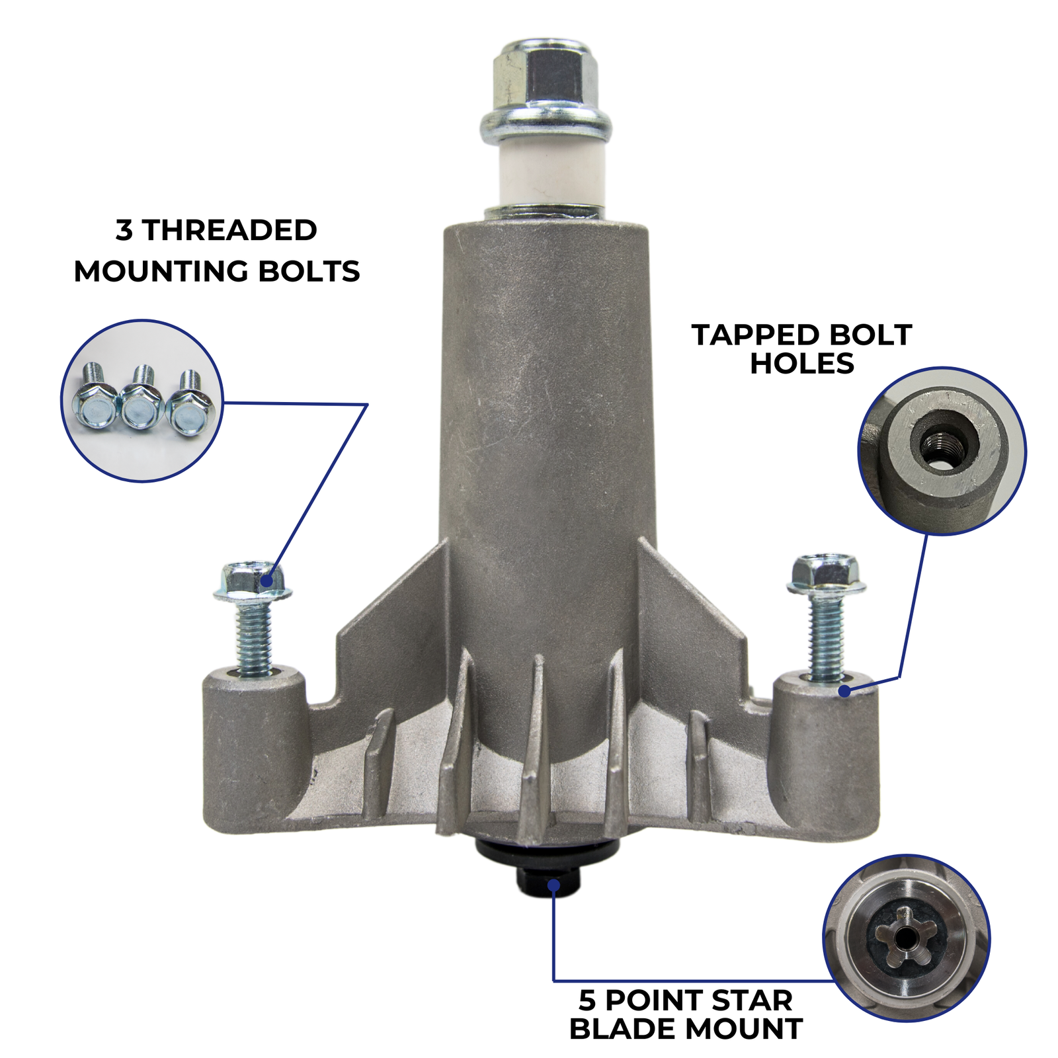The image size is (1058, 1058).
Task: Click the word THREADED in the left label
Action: (229, 230)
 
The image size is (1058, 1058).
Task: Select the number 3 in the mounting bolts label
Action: (124, 230)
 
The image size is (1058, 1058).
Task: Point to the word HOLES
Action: (801, 364)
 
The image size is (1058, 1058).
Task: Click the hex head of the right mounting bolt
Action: (827, 573)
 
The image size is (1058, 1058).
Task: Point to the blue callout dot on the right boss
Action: (844, 691)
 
